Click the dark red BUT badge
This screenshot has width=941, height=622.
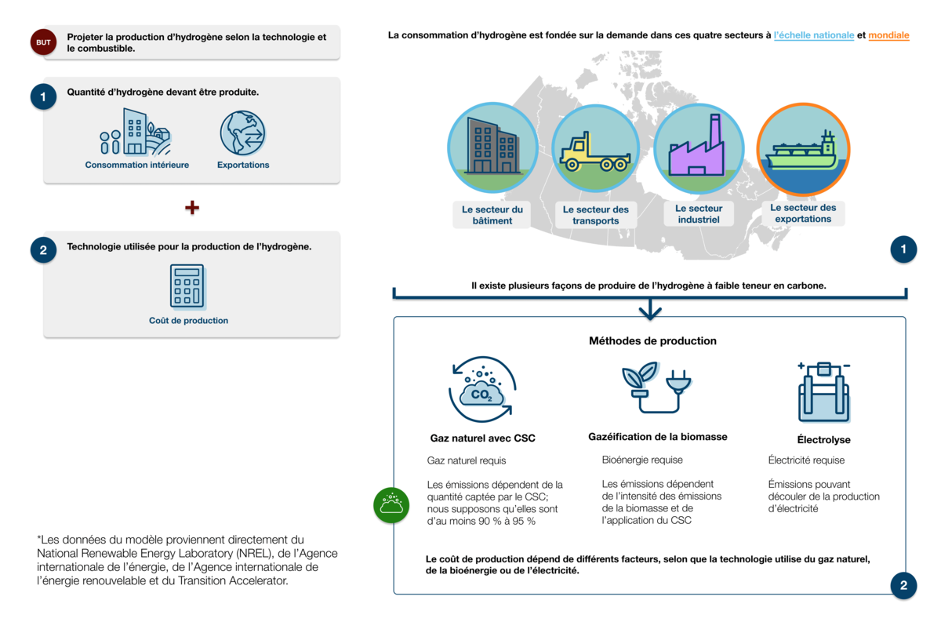coord(43,42)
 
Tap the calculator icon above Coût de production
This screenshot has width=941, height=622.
coord(187,286)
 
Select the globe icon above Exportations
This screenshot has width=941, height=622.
coord(243,133)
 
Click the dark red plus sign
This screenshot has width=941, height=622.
coord(192,207)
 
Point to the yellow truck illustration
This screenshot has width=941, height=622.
coord(595,154)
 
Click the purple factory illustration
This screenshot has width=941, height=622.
coord(696,147)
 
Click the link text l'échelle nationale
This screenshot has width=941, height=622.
coord(814,35)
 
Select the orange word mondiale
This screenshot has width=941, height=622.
coord(888,35)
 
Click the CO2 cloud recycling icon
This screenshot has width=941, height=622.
coord(482,389)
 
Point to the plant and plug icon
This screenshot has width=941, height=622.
coord(656,387)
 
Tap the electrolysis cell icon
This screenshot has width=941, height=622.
coord(823,391)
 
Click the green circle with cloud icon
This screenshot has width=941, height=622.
coord(391,505)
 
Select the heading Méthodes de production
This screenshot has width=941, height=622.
coord(652,341)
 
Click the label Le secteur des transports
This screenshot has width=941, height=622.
coord(596,215)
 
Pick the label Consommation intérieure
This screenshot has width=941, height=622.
coord(137,165)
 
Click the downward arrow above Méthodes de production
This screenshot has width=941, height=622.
coord(650,308)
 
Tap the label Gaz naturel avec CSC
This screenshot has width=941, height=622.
coord(483,438)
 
